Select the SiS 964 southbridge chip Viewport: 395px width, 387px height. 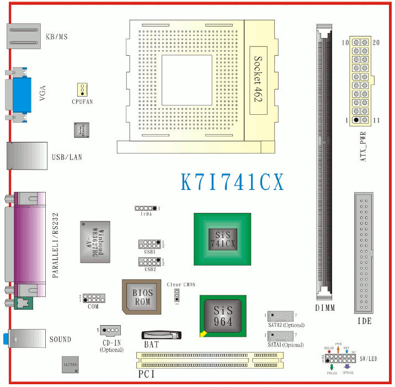point(222,316)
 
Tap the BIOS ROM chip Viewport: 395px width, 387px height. point(142,297)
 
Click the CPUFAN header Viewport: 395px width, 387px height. point(82,89)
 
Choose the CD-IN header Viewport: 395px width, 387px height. point(111,330)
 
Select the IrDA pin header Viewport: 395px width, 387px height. point(146,208)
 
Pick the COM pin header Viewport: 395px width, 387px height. point(94,298)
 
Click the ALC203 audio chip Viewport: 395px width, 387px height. point(71,365)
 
